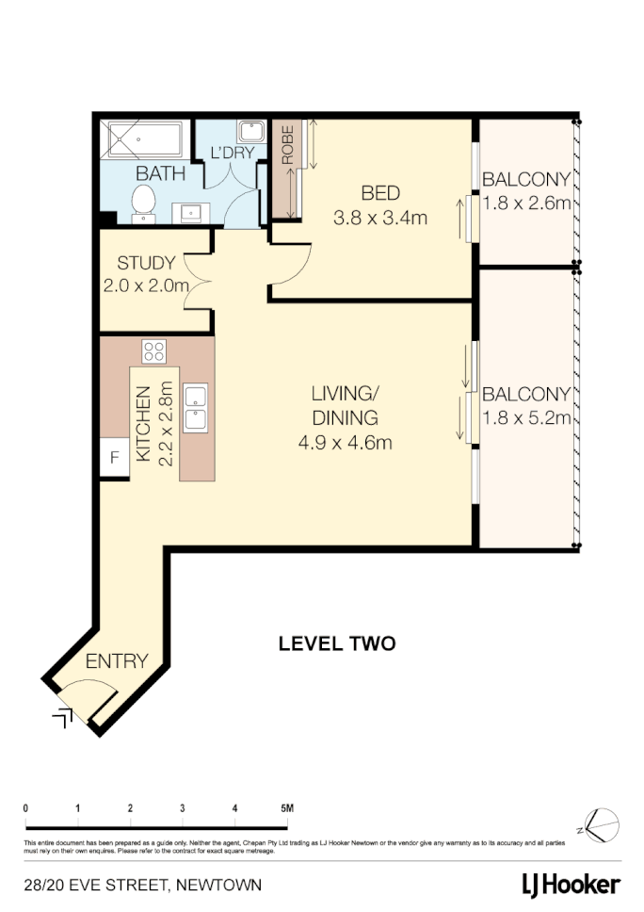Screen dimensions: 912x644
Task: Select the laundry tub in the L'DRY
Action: tap(250, 133)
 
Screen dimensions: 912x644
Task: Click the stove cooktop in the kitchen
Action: tap(153, 352)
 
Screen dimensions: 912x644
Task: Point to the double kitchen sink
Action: tap(197, 407)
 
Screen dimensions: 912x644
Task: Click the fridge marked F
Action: tap(115, 459)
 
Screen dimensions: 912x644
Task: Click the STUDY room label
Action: tap(145, 263)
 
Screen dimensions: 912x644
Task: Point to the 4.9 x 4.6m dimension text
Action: tap(346, 442)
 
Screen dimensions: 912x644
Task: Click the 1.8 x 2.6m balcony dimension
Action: tap(525, 204)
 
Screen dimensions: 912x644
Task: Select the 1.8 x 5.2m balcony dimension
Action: tap(525, 419)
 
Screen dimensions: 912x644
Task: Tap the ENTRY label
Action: tap(117, 661)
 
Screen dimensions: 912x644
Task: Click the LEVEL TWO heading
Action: tap(337, 644)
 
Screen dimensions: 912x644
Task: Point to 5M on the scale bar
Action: tap(287, 808)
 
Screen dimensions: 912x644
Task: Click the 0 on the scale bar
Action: tap(25, 808)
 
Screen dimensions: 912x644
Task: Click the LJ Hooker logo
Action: tap(571, 884)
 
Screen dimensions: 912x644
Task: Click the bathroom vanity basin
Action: tap(193, 211)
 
